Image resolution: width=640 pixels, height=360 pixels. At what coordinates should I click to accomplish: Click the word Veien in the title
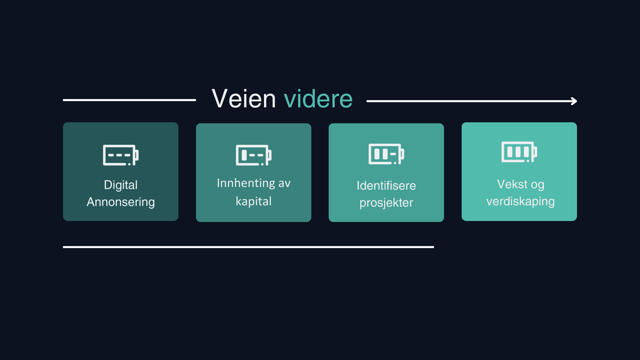[x=244, y=99]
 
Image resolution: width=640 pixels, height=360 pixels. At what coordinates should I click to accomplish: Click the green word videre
[x=318, y=99]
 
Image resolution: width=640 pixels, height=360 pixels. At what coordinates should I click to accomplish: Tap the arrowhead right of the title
[x=574, y=101]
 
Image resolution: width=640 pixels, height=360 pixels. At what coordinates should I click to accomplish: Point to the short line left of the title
[x=129, y=100]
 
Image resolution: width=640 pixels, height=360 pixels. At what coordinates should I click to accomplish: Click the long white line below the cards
[x=248, y=247]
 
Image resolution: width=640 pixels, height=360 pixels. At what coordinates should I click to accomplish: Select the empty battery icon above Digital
[x=121, y=155]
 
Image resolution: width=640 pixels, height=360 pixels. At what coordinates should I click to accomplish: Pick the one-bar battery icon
[x=254, y=155]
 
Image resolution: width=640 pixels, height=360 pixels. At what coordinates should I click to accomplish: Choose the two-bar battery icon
[x=386, y=154]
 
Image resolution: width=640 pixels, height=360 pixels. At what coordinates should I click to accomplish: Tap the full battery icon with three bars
[x=519, y=152]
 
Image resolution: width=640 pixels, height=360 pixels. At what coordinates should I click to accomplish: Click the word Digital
[x=121, y=185]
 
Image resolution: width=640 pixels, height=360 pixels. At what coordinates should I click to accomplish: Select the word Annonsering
[x=121, y=202]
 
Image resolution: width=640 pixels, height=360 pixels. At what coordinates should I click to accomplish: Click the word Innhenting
[x=246, y=183]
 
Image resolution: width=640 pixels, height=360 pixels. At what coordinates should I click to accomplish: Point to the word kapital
[x=254, y=201]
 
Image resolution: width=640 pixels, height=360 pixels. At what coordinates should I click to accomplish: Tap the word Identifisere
[x=386, y=186]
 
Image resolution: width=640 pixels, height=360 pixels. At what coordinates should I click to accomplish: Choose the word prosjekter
[x=386, y=203]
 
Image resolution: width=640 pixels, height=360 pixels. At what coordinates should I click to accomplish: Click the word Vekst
[x=512, y=184]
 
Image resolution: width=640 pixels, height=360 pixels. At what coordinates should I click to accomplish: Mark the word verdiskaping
[x=520, y=201]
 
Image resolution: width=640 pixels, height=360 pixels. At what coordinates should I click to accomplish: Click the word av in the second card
[x=284, y=183]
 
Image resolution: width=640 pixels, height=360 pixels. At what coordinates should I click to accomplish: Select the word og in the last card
[x=537, y=185]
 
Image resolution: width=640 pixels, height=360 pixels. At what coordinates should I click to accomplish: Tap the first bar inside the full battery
[x=510, y=152]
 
